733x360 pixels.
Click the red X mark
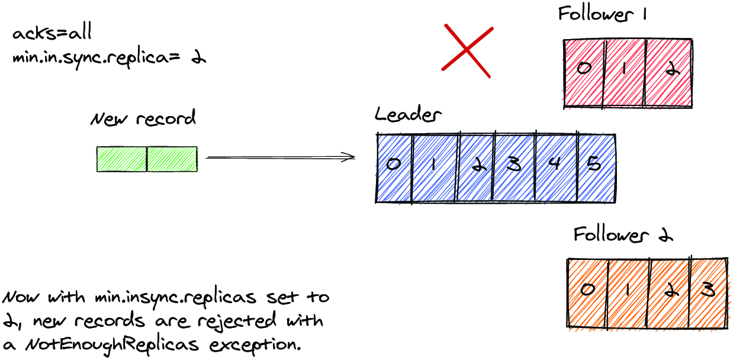coord(467,51)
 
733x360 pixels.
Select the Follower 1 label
coord(602,14)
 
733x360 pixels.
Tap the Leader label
coord(408,114)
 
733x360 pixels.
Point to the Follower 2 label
coord(623,234)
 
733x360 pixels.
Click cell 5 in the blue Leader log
coord(597,168)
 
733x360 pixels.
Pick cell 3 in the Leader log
coord(514,168)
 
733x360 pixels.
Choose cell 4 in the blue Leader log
coord(556,168)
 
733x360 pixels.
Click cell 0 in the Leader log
coord(394,168)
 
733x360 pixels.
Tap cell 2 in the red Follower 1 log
coord(668,73)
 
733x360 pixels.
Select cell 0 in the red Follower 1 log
coord(583,73)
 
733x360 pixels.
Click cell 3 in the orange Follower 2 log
coord(709,293)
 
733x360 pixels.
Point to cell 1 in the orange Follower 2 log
coord(627,293)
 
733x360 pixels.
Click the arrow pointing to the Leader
coord(281,157)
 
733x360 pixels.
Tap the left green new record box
coord(122,159)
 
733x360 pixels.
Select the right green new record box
coord(172,159)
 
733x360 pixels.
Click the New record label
coord(143,118)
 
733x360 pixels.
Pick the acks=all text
coord(52,32)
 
